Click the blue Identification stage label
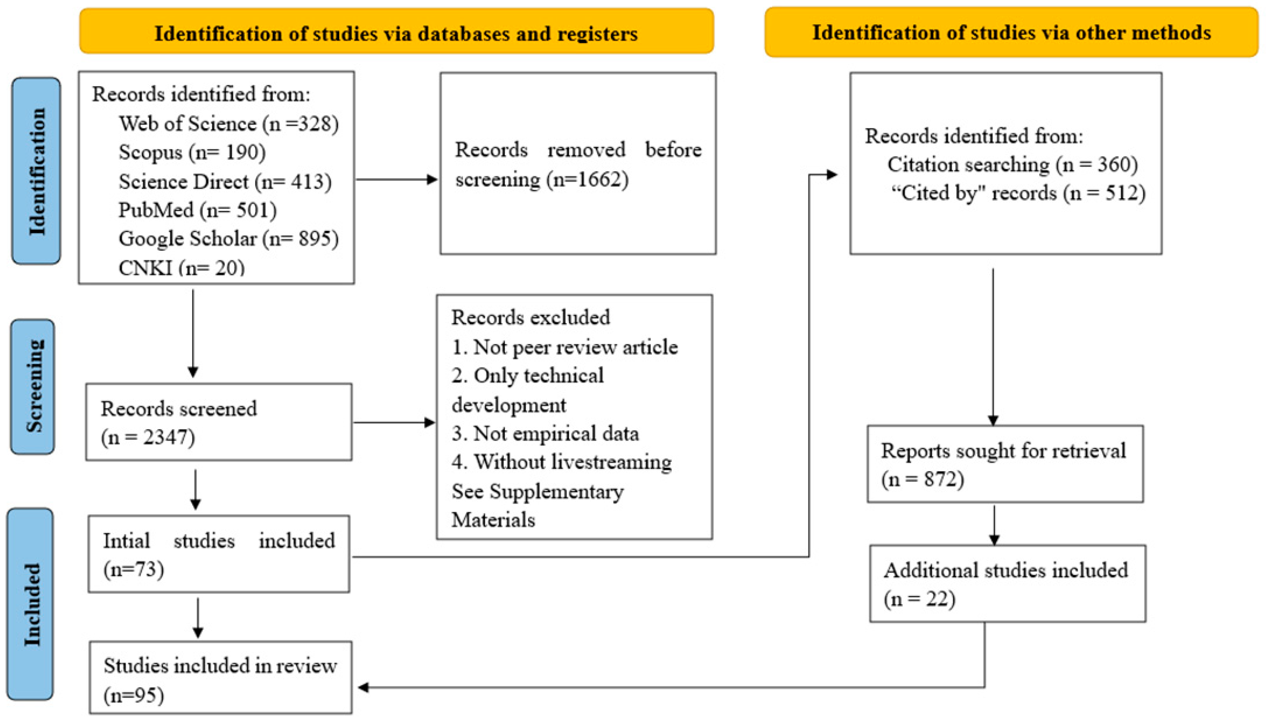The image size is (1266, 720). pyautogui.click(x=36, y=171)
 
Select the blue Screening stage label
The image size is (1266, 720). pyautogui.click(x=33, y=386)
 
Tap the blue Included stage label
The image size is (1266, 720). pyautogui.click(x=30, y=604)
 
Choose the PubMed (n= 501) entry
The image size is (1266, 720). pyautogui.click(x=198, y=210)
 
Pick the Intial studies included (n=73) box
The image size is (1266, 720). pyautogui.click(x=219, y=554)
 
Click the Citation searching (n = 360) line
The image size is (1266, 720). pyautogui.click(x=1013, y=164)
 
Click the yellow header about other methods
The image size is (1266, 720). pyautogui.click(x=1012, y=32)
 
